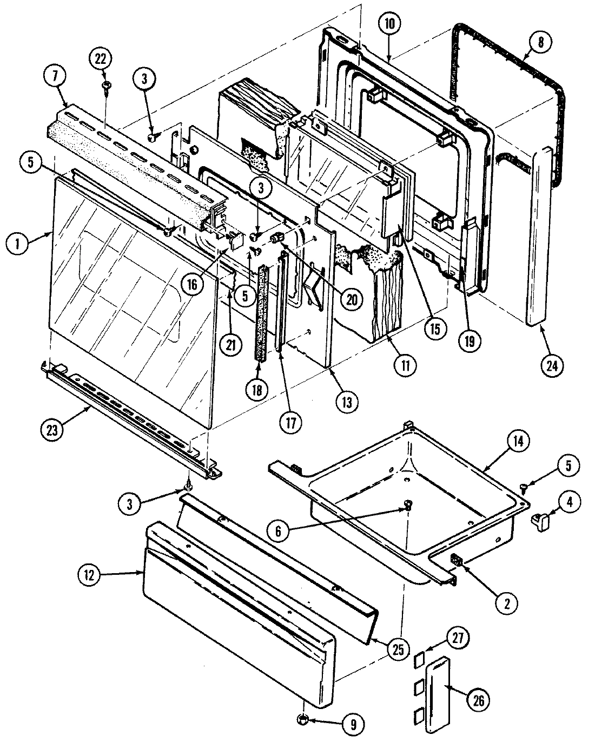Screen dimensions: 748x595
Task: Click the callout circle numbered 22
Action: [102, 58]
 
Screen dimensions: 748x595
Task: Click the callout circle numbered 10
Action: [390, 24]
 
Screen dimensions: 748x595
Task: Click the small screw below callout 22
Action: [107, 86]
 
